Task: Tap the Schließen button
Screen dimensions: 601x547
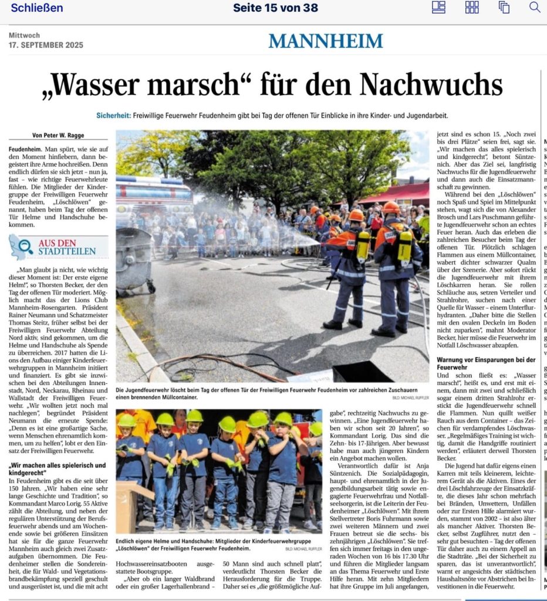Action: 36,8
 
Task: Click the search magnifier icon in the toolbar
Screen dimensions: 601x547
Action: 534,8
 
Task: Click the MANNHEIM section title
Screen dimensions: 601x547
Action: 326,41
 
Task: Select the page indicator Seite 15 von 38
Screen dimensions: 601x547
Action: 275,8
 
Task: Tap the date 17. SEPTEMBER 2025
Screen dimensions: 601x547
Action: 46,45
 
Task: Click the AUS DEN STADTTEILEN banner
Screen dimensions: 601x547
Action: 59,247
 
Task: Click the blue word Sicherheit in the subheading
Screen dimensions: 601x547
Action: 113,116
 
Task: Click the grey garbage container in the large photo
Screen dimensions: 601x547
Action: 133,258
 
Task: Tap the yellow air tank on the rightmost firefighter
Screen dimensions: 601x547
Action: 405,245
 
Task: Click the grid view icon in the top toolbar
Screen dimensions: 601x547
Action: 472,8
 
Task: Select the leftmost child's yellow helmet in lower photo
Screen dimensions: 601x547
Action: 126,421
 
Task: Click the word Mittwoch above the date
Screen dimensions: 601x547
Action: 24,36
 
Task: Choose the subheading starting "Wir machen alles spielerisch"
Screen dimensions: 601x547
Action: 58,468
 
